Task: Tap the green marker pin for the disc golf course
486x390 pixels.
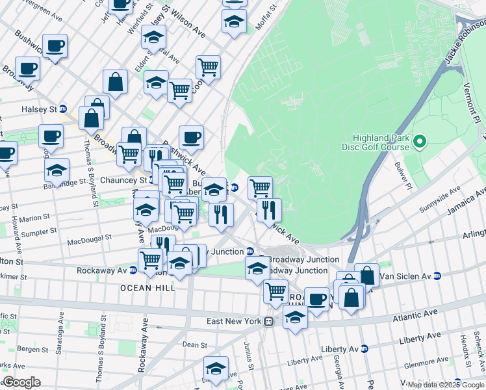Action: coord(420,141)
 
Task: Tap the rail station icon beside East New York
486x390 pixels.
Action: coord(267,322)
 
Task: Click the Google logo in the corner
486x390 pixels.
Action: coord(21,383)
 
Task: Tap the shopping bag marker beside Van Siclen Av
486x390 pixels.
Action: coord(367,275)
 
